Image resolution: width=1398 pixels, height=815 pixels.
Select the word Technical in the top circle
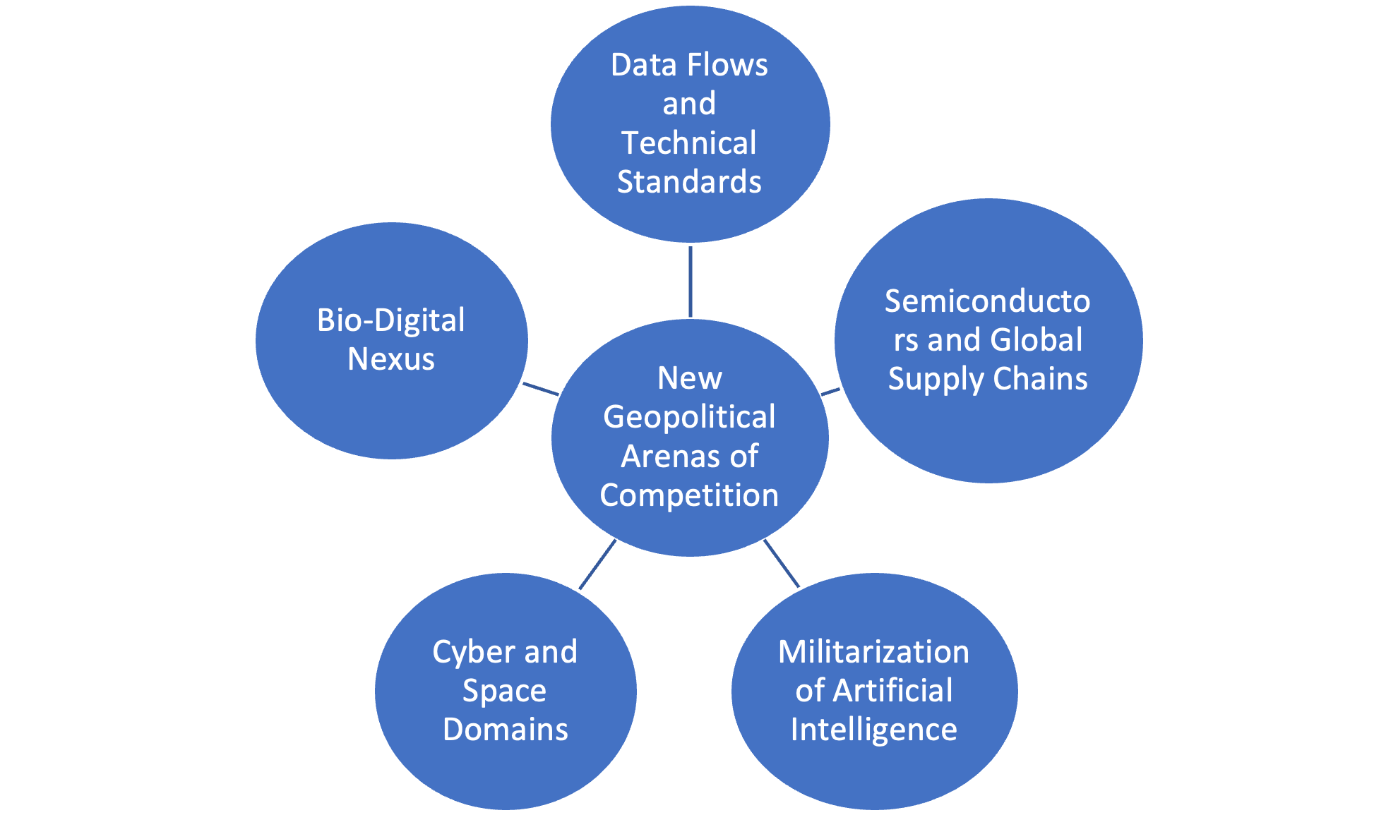pyautogui.click(x=689, y=143)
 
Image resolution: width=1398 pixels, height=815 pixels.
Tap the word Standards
pyautogui.click(x=689, y=182)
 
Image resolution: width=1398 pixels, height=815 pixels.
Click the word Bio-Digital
pyautogui.click(x=391, y=320)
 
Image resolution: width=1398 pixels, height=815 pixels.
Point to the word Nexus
pyautogui.click(x=391, y=359)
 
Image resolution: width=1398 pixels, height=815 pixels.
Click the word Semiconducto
pyautogui.click(x=987, y=301)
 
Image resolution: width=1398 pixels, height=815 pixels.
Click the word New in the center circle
pyautogui.click(x=690, y=378)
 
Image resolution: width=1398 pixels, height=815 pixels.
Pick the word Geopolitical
pyautogui.click(x=689, y=418)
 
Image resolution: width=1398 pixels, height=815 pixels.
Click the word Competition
pyautogui.click(x=689, y=495)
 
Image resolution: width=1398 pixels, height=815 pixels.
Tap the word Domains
pyautogui.click(x=506, y=730)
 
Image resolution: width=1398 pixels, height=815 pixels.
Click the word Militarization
pyautogui.click(x=873, y=652)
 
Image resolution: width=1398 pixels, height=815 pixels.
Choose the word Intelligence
pyautogui.click(x=873, y=730)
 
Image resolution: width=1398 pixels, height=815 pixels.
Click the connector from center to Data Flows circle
pyautogui.click(x=691, y=281)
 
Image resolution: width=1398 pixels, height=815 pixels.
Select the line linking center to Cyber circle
pyautogui.click(x=597, y=565)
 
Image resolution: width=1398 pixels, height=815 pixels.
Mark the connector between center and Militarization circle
pyautogui.click(x=782, y=564)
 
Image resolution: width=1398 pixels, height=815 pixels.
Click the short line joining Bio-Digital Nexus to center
pyautogui.click(x=540, y=389)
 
